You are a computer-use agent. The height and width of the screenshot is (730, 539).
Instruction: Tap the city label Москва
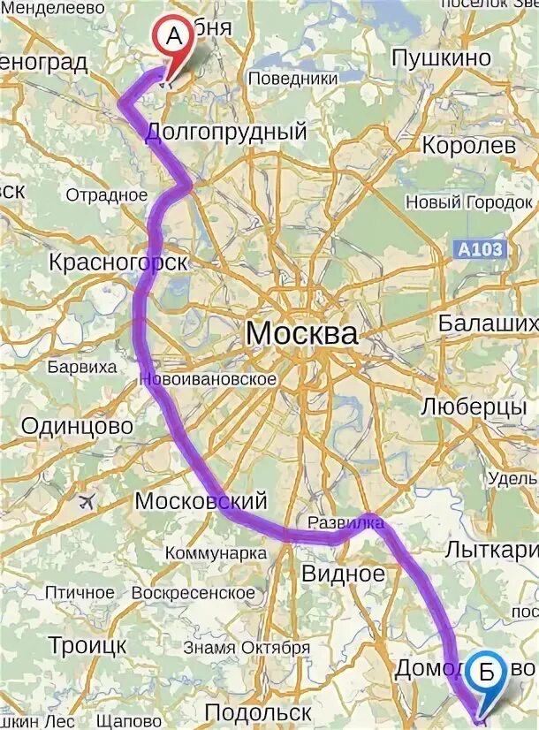pos(301,334)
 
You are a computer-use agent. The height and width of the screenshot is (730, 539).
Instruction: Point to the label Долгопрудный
pos(225,133)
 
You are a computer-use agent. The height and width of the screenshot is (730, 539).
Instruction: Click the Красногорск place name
pos(118,262)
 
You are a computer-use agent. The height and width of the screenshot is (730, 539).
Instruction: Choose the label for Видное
pos(344,574)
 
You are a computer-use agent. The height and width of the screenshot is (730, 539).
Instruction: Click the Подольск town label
pos(258,712)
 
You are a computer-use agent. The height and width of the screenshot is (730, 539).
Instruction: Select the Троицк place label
pos(87,644)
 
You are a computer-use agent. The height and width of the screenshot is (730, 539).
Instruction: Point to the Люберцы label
pos(474,407)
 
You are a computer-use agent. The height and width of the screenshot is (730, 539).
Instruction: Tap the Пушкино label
pos(441,58)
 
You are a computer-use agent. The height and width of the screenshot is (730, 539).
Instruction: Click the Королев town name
pos(468,145)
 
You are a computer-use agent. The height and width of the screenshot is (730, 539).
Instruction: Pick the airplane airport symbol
pos(87,502)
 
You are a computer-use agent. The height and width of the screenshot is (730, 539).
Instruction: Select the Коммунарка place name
pos(216,553)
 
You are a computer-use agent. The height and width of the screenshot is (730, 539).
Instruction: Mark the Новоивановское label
pos(209,379)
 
